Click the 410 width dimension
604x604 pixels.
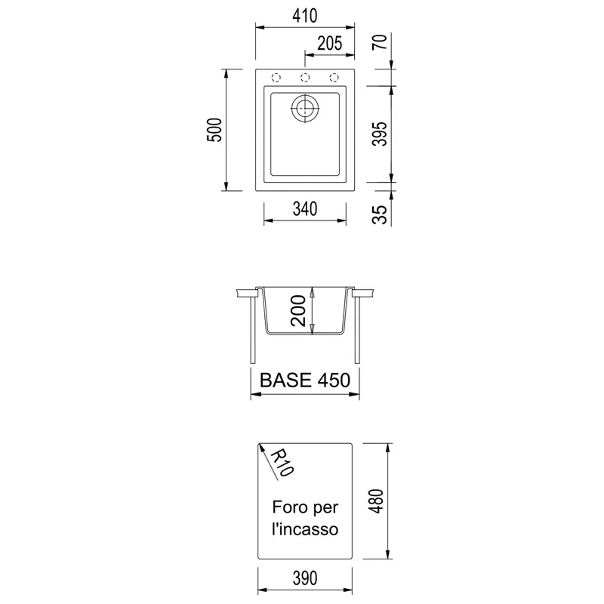click(305, 16)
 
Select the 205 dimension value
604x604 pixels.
click(330, 44)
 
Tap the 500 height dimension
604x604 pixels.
click(215, 130)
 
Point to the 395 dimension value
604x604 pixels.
click(380, 134)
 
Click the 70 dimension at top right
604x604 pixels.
click(380, 42)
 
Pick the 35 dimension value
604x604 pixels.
click(380, 215)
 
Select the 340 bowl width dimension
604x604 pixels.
click(305, 209)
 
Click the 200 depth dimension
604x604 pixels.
click(298, 310)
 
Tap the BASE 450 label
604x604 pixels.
click(305, 381)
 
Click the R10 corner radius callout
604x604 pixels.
click(282, 463)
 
